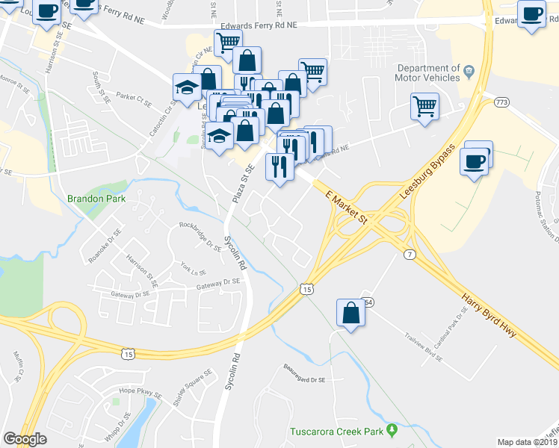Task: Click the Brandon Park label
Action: click(x=96, y=199)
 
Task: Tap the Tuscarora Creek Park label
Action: click(x=336, y=432)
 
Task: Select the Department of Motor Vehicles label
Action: click(x=427, y=72)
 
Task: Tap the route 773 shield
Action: click(x=500, y=101)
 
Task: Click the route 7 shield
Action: click(x=408, y=255)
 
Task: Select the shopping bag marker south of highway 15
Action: click(x=350, y=314)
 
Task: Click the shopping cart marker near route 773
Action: click(x=424, y=106)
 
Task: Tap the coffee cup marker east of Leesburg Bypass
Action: click(x=475, y=161)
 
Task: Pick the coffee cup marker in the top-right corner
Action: click(x=533, y=14)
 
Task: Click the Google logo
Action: click(x=25, y=439)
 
